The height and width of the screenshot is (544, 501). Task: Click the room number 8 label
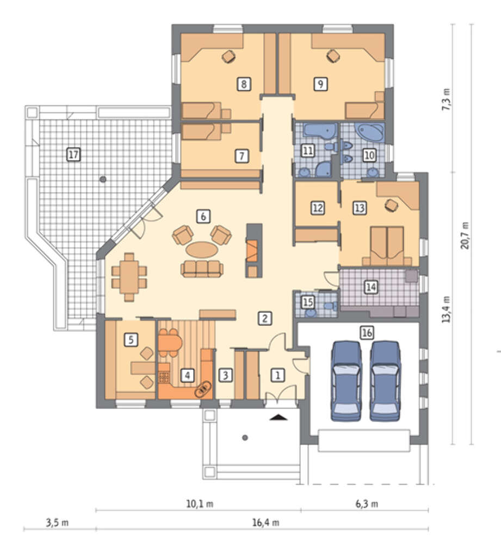point(244,84)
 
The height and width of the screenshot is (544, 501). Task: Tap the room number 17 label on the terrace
point(73,154)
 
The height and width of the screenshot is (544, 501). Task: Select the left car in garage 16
point(347,381)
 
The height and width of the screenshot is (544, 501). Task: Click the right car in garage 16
point(385,381)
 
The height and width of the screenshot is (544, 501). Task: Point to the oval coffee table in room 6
point(202,250)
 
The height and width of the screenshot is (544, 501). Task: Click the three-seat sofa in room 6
point(202,269)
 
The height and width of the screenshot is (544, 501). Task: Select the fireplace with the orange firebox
point(254,250)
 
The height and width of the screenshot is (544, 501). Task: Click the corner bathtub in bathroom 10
point(369,133)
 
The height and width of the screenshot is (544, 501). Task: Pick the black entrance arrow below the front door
point(279,417)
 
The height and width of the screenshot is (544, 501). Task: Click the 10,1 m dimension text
point(200,504)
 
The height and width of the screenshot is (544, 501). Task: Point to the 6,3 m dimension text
point(367,504)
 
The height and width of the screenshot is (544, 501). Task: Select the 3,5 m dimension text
point(57,523)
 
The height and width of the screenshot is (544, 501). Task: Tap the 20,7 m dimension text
point(465,235)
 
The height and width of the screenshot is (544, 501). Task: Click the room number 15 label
point(308,302)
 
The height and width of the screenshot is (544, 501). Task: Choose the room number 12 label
point(318,208)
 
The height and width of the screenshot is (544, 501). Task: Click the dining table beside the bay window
point(129,277)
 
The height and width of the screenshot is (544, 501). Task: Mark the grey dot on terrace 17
point(103,180)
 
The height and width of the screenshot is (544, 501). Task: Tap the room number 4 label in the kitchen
point(187,375)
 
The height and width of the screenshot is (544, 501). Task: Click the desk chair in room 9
point(333,56)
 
